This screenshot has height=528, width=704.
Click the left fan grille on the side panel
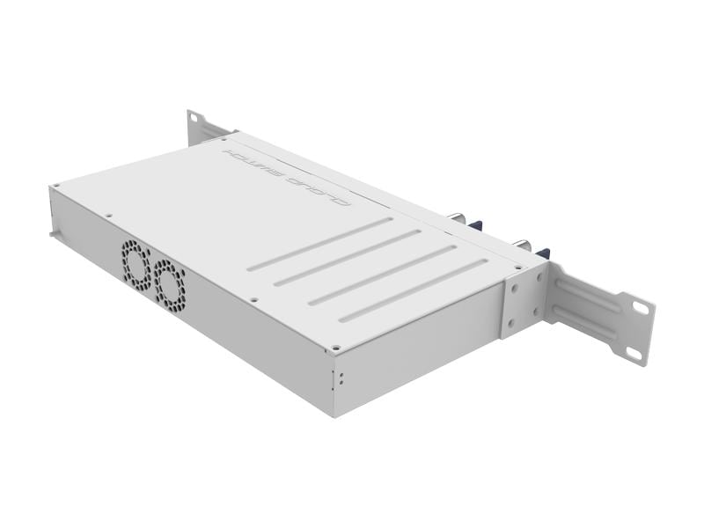[136, 264]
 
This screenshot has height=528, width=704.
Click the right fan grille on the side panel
[171, 284]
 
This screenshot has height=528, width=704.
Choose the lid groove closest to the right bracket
[413, 290]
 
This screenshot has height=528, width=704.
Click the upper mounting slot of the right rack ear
[641, 307]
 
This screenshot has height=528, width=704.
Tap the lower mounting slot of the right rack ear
[634, 352]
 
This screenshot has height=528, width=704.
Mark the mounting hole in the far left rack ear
[194, 121]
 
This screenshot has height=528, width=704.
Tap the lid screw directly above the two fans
[108, 214]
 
